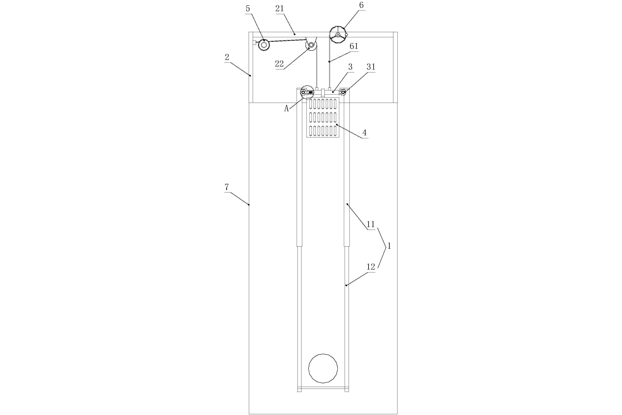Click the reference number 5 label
[x=248, y=8]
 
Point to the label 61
[x=354, y=46]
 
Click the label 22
[x=279, y=64]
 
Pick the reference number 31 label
[x=371, y=67]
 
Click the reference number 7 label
[x=227, y=187]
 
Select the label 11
[x=371, y=224]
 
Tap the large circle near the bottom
[x=323, y=368]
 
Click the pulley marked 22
[x=311, y=45]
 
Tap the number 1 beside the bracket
[x=389, y=246]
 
